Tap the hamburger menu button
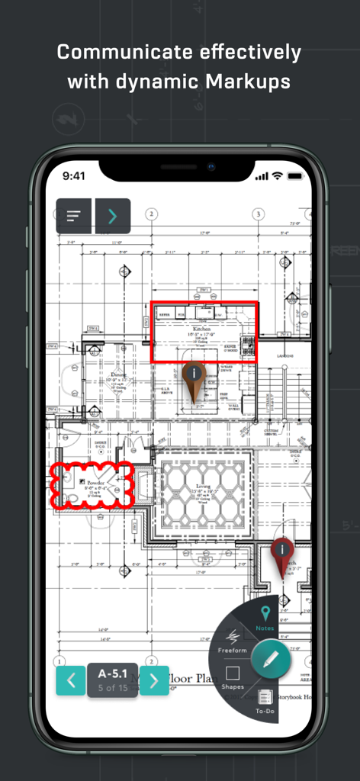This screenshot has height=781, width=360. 74,216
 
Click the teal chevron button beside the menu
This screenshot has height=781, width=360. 113,216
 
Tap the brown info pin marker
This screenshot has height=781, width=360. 195,374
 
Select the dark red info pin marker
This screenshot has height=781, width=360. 282,551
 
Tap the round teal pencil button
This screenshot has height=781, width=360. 271,659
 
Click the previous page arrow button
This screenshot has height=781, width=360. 70,680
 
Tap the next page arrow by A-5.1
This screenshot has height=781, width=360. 154,680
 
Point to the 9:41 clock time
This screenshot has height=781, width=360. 74,175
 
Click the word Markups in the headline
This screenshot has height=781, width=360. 243,81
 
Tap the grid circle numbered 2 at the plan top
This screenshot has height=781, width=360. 152,214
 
